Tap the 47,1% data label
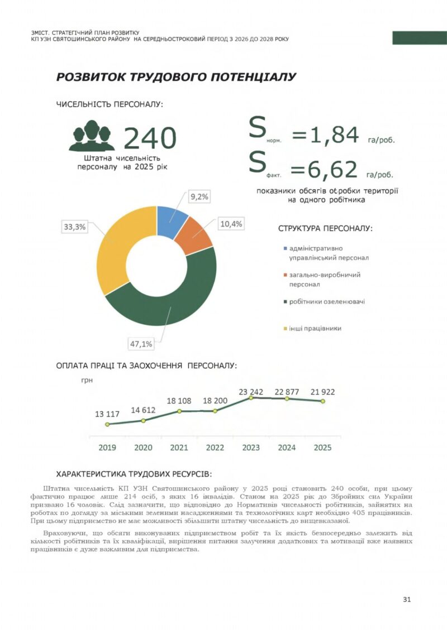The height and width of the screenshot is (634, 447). [141, 344]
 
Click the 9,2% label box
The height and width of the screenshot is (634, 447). [199, 196]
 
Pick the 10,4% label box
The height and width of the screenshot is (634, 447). [231, 224]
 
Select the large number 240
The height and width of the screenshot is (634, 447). [149, 138]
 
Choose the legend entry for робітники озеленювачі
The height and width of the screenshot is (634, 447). [324, 302]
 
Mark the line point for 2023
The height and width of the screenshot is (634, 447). [251, 397]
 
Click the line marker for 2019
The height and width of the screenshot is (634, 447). [107, 424]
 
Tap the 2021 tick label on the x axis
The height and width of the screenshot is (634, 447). [179, 448]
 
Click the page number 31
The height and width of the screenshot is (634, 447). [407, 599]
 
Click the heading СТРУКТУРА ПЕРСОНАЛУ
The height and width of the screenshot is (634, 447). [325, 228]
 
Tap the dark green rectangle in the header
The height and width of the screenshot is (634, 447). [419, 37]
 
